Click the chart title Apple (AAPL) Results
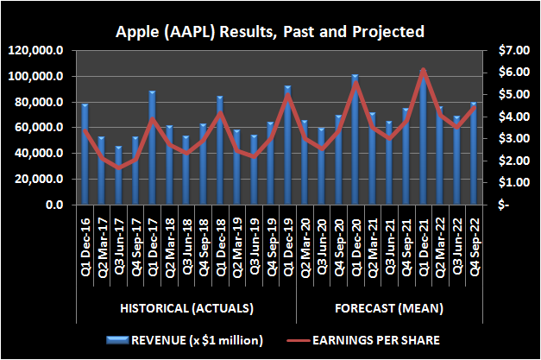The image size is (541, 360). pos(271,33)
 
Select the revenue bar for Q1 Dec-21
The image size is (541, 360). pos(422,138)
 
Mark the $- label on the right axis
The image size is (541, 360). pos(502,205)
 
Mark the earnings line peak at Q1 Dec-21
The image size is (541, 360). pos(423,70)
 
